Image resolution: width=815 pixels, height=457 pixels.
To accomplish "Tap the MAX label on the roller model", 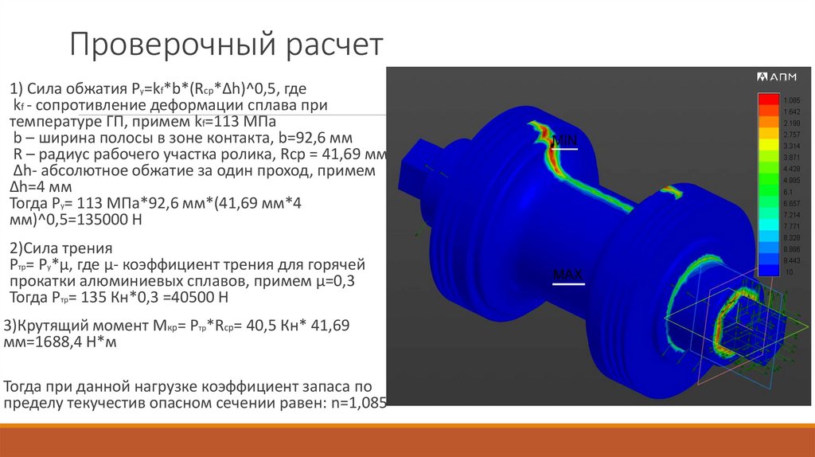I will (x=567, y=275).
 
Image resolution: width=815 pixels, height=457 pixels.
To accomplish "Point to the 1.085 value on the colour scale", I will (x=791, y=100).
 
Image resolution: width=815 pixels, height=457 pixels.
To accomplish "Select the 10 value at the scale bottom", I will (x=788, y=272).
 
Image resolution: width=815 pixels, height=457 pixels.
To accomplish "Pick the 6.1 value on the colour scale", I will (x=789, y=192).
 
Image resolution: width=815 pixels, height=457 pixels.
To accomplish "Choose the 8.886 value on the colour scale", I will (x=791, y=249).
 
